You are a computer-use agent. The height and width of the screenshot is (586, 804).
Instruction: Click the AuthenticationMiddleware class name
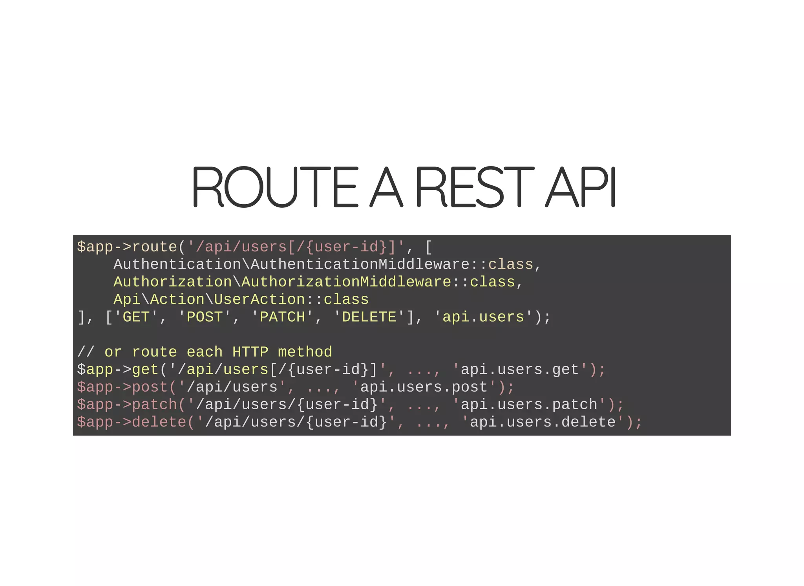point(360,264)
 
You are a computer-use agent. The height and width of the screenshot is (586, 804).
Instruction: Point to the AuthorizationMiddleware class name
point(346,282)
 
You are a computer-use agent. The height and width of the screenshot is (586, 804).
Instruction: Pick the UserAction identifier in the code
point(259,300)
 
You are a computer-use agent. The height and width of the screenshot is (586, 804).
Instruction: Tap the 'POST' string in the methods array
point(205,317)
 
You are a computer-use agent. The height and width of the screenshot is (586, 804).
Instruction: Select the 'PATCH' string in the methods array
point(282,317)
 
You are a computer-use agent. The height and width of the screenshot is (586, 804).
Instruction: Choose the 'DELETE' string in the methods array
point(369,317)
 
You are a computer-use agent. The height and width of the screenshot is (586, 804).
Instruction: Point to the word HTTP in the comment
point(250,352)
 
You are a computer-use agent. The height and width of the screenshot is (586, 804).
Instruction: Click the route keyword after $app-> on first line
point(154,247)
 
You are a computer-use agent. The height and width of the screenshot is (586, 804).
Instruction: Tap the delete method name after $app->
point(159,422)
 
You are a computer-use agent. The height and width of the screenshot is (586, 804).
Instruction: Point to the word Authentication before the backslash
point(177,264)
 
